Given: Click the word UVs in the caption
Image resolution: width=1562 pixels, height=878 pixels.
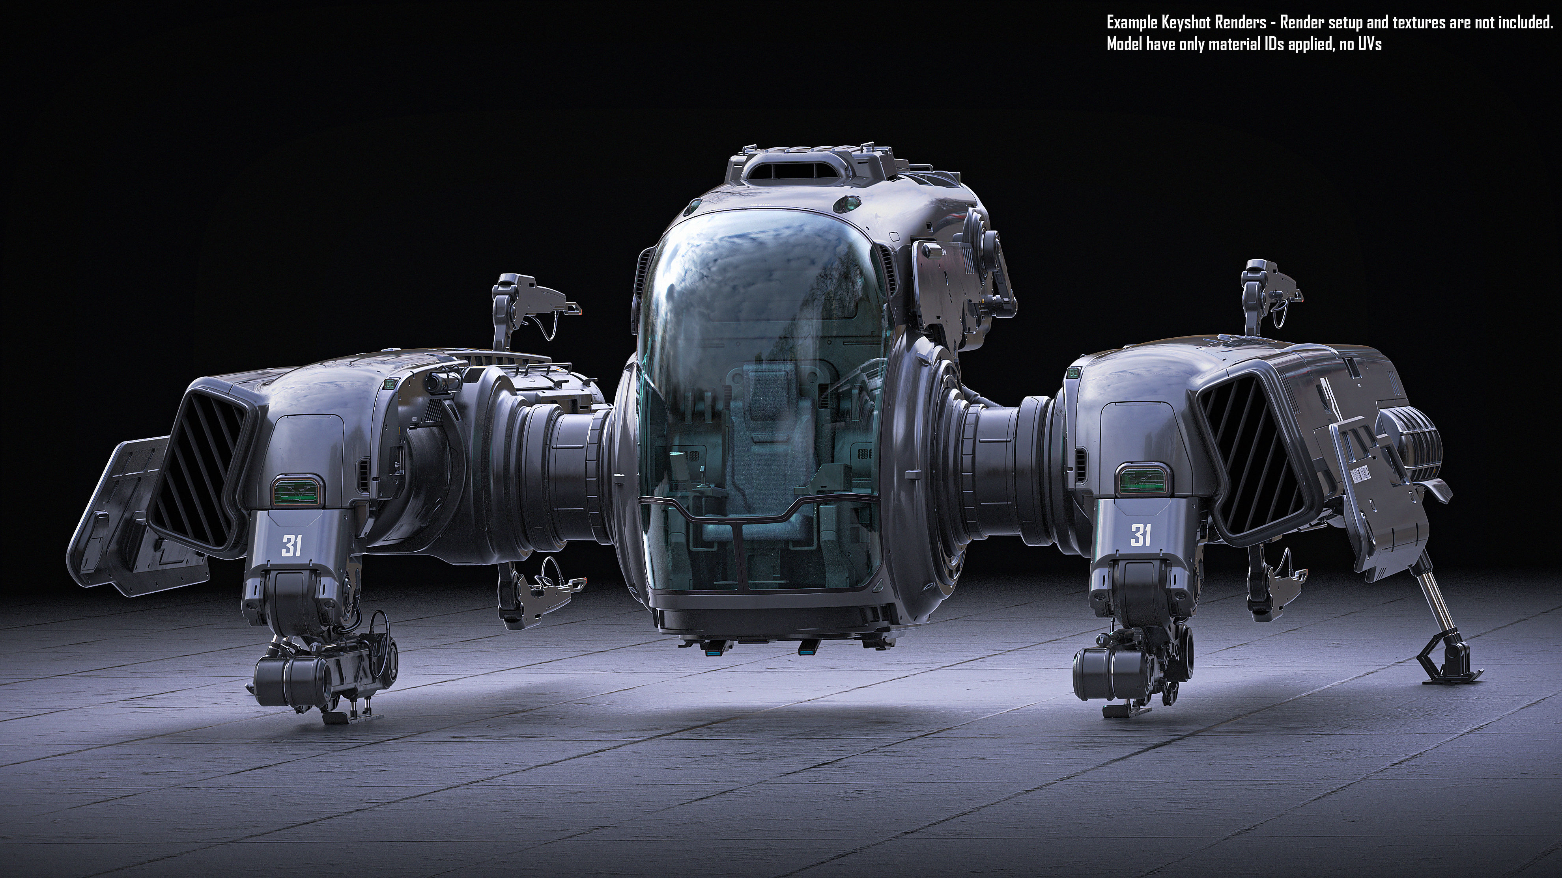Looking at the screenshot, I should (1368, 44).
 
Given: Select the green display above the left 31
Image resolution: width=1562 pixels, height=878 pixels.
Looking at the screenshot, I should (297, 490).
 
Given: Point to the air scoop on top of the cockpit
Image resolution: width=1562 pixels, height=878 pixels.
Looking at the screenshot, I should (794, 171).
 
